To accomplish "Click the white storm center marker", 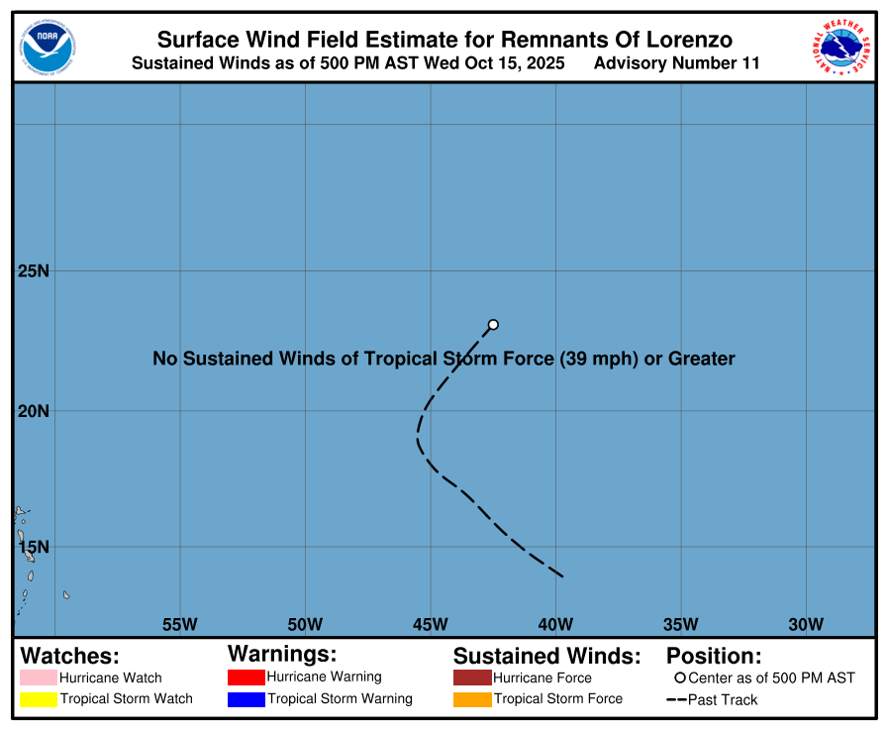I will click(493, 324).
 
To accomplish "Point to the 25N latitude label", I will click(35, 270).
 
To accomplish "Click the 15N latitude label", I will click(35, 547).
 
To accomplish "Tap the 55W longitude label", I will click(180, 624).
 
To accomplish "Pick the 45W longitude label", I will click(431, 624).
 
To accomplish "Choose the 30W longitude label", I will click(806, 624).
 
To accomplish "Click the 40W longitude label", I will click(555, 624).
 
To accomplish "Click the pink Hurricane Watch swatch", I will click(39, 679).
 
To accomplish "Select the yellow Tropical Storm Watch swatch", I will click(39, 699).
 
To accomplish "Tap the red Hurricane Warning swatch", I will click(247, 678).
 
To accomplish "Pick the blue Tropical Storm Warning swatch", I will click(247, 699).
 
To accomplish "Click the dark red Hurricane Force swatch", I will click(472, 679).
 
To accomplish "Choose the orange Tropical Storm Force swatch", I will click(472, 699).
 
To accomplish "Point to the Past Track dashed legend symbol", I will click(677, 700).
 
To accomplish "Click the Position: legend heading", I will click(713, 656).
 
